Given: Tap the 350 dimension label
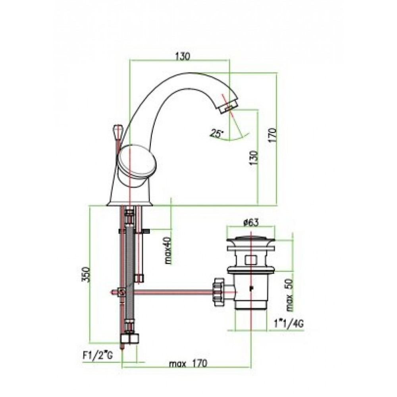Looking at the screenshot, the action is (86, 274).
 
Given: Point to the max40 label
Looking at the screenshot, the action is (168, 250).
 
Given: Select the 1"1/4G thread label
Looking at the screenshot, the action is (289, 324).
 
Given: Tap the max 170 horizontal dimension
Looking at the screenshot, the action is (188, 364).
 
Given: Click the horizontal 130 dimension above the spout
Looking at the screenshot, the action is (182, 56).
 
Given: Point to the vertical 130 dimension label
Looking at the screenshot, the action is (254, 158).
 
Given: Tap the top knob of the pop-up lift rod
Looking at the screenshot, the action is (117, 133).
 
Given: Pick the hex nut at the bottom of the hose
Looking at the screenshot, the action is (130, 339).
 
